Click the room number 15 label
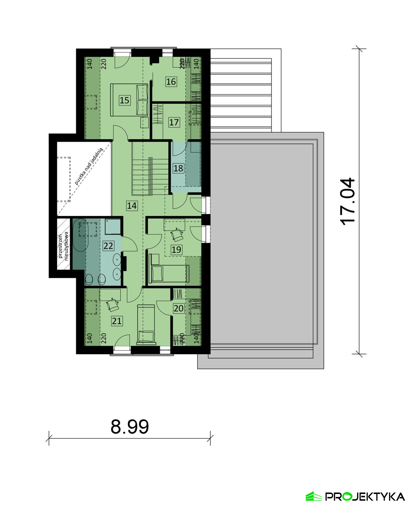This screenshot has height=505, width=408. [x=124, y=100]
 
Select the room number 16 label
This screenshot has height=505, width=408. [x=171, y=82]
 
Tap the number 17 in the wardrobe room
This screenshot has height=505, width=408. [x=174, y=122]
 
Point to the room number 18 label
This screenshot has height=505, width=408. [x=178, y=168]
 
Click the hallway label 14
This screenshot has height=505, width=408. [x=132, y=205]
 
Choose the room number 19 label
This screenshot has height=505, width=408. [x=176, y=250]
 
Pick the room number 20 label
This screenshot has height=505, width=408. [x=178, y=308]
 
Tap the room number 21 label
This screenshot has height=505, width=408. [x=117, y=321]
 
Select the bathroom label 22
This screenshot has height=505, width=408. [x=108, y=246]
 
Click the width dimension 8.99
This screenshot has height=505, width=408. [x=130, y=426]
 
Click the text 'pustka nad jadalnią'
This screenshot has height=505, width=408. [x=88, y=166]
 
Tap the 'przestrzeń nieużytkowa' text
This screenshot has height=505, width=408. [x=63, y=246]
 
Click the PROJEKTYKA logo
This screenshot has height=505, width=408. [x=355, y=496]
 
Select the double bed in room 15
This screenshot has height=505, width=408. [x=129, y=100]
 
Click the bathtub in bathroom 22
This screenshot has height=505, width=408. [x=80, y=235]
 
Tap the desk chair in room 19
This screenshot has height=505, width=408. [x=177, y=234]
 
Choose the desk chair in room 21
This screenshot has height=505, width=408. [x=112, y=304]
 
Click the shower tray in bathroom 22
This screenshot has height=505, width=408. [x=113, y=226]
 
